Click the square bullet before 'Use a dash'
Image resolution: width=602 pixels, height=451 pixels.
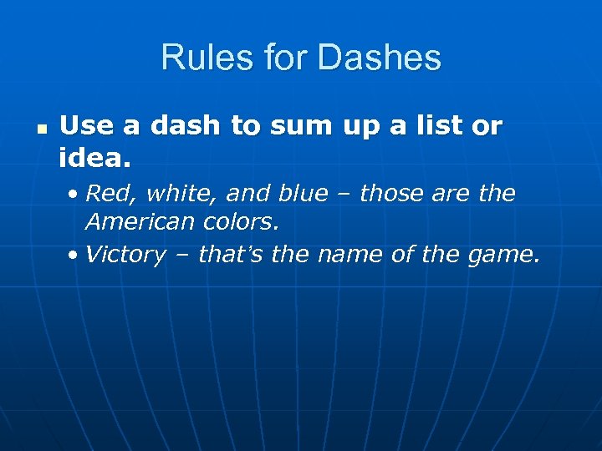click(41, 130)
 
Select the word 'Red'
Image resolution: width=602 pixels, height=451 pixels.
click(105, 194)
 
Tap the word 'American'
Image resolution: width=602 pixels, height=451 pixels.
click(139, 223)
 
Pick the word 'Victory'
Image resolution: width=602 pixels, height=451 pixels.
click(125, 255)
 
